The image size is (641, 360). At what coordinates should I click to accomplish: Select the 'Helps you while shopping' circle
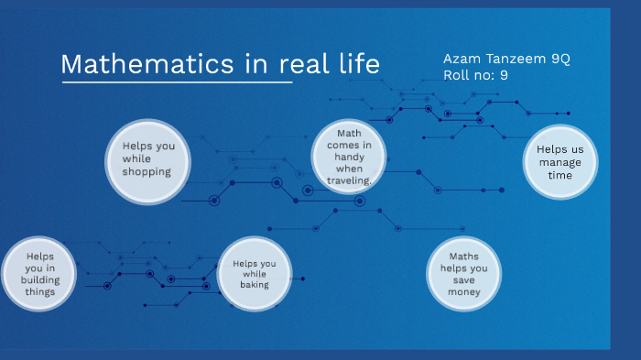pyautogui.click(x=147, y=158)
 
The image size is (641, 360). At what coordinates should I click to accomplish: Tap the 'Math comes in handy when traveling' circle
pyautogui.click(x=342, y=157)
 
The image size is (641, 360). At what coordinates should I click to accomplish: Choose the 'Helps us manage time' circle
pyautogui.click(x=560, y=162)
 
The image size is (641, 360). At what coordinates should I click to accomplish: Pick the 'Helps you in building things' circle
pyautogui.click(x=40, y=274)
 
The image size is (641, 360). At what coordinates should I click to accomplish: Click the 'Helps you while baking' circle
pyautogui.click(x=254, y=274)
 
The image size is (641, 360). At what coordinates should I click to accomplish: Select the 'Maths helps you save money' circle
pyautogui.click(x=463, y=274)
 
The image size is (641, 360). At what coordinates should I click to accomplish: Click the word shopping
pyautogui.click(x=147, y=171)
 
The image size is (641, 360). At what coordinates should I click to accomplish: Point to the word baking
pyautogui.click(x=254, y=285)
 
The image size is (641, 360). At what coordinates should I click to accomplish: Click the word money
pyautogui.click(x=463, y=292)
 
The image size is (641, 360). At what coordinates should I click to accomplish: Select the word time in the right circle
pyautogui.click(x=560, y=175)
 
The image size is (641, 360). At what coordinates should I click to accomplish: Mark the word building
pyautogui.click(x=40, y=279)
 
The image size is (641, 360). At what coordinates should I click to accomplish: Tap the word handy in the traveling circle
pyautogui.click(x=342, y=157)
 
